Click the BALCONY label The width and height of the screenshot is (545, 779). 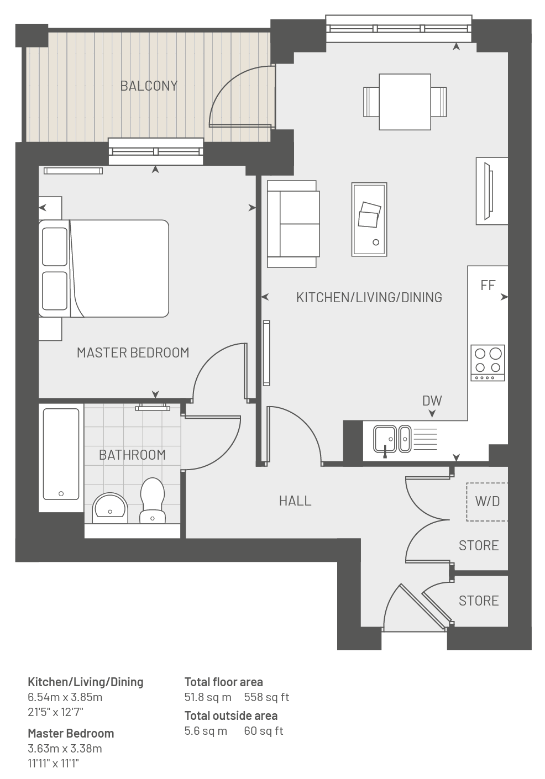click(x=149, y=86)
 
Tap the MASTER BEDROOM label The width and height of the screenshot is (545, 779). click(x=133, y=352)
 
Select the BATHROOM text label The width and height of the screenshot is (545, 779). click(x=132, y=455)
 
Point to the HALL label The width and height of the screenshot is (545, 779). click(x=295, y=501)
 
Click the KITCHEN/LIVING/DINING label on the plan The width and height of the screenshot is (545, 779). click(x=369, y=297)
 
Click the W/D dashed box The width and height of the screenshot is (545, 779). click(x=487, y=502)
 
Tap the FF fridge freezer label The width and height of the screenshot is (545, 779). click(x=488, y=285)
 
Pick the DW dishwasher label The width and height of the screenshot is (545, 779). click(x=432, y=401)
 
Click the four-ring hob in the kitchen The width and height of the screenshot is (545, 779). click(x=488, y=363)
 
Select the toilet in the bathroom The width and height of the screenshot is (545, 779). click(x=153, y=501)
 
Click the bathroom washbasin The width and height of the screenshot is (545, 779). click(x=110, y=508)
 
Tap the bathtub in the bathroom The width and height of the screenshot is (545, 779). click(x=61, y=454)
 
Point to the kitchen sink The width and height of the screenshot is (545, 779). click(x=392, y=439)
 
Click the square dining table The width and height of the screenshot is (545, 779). click(x=405, y=102)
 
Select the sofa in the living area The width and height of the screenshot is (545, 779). click(x=293, y=224)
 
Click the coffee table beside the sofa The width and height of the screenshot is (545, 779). click(x=369, y=219)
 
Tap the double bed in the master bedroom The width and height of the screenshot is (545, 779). click(x=104, y=269)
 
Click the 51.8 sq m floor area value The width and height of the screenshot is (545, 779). click(x=208, y=697)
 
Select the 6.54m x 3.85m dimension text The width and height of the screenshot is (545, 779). click(x=65, y=697)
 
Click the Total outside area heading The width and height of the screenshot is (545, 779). click(x=230, y=715)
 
